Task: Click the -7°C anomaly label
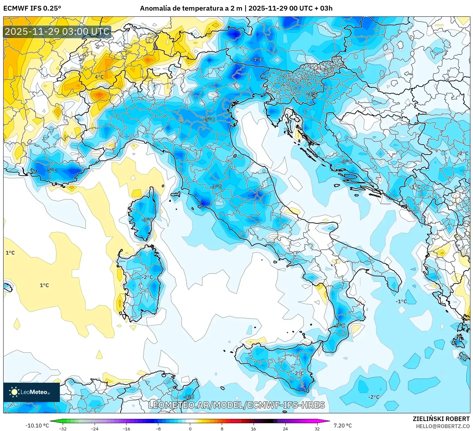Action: tap(257, 60)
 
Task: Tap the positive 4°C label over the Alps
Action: tap(99, 77)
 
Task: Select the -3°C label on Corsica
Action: tap(147, 220)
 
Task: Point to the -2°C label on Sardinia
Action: tap(147, 277)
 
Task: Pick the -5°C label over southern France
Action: tap(51, 170)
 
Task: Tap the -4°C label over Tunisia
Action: tap(188, 397)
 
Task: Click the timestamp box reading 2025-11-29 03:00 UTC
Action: tap(57, 32)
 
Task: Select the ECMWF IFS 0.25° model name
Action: tap(32, 8)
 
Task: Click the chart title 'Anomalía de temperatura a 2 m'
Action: tap(191, 8)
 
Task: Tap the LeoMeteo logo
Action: tap(31, 392)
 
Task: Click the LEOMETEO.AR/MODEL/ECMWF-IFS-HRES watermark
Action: tap(236, 405)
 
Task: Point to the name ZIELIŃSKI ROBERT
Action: tap(441, 419)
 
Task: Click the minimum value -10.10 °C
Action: tap(37, 426)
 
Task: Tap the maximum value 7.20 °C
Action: tap(342, 426)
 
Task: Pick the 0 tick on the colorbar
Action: tap(190, 428)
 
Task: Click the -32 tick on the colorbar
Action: tap(63, 428)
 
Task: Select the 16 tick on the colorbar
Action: tap(254, 428)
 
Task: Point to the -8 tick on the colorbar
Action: tap(158, 428)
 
